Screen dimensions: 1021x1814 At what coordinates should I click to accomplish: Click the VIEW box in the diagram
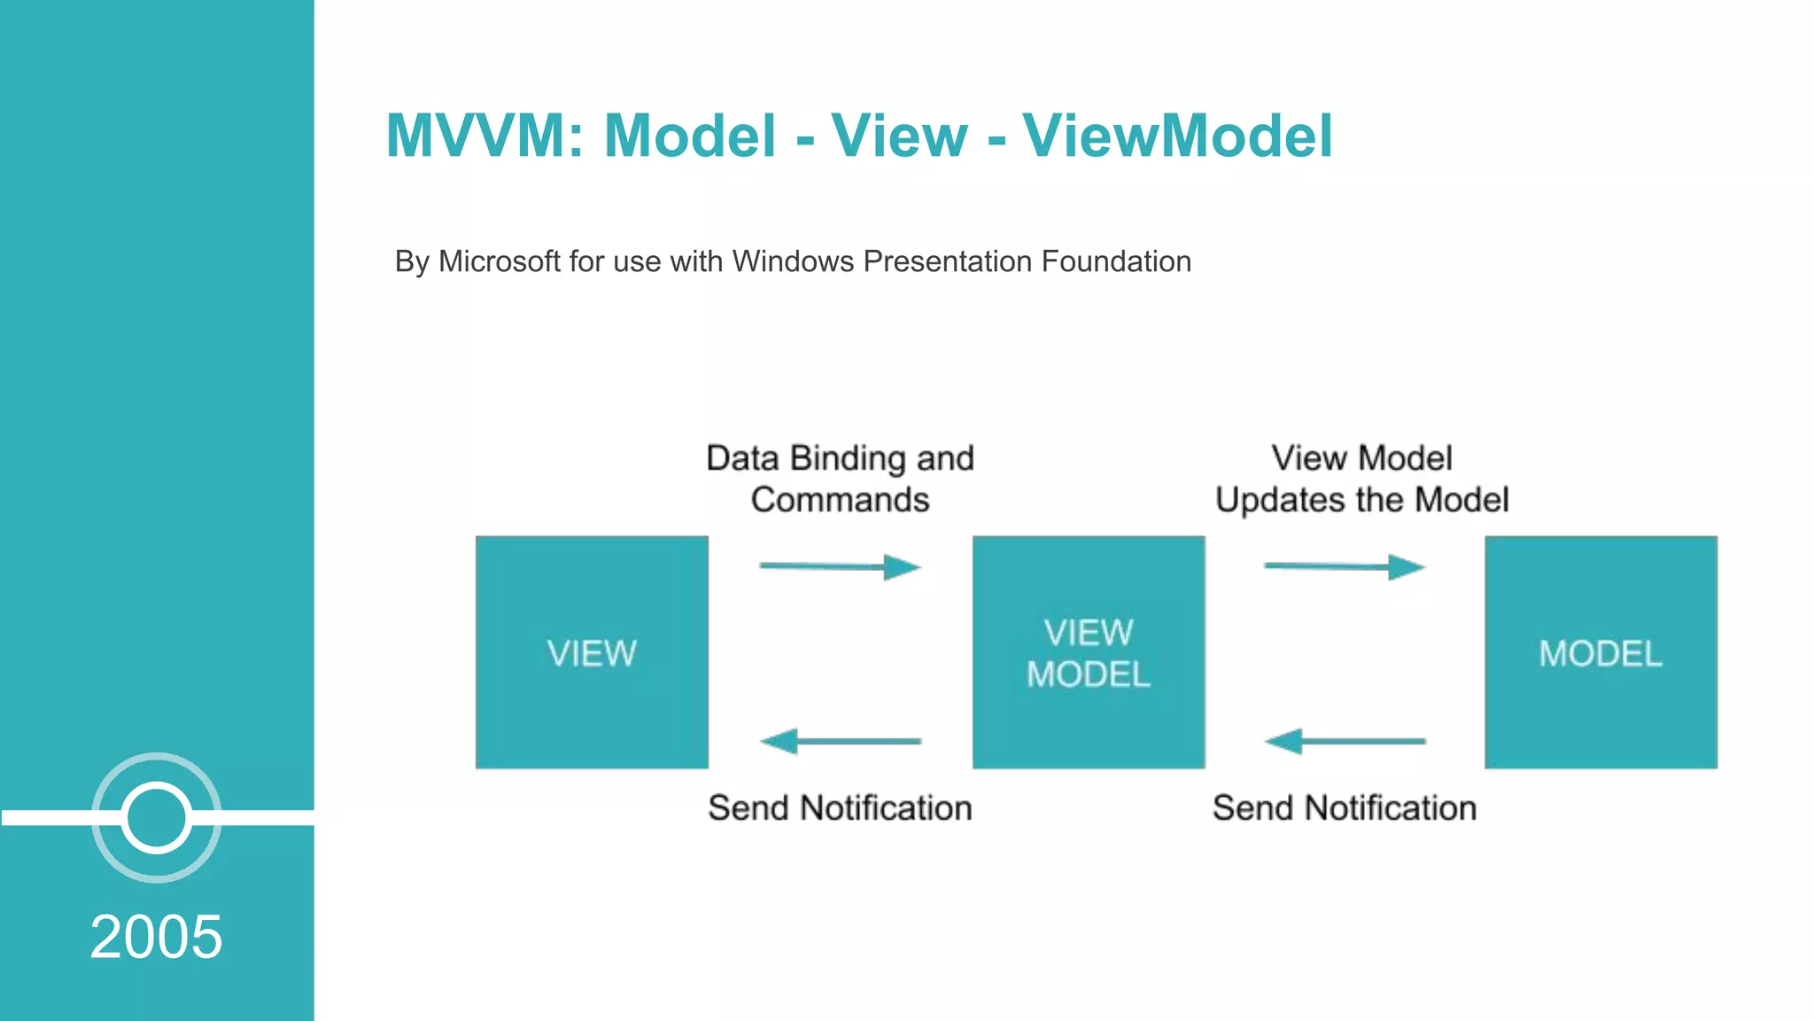click(x=592, y=652)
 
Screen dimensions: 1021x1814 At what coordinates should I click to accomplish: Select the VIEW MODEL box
click(x=1089, y=652)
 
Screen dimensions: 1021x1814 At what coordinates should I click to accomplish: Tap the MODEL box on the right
click(x=1601, y=652)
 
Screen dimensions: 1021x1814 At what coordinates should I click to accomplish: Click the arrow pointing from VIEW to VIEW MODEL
click(x=840, y=566)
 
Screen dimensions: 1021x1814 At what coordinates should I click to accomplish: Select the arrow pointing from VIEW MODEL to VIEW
click(x=840, y=741)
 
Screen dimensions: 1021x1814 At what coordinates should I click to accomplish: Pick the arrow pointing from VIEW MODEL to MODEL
click(x=1344, y=566)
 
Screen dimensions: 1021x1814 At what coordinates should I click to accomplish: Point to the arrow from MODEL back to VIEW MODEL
click(x=1344, y=741)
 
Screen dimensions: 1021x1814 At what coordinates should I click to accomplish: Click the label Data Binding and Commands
click(x=840, y=479)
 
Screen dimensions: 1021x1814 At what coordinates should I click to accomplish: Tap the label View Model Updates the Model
click(x=1361, y=479)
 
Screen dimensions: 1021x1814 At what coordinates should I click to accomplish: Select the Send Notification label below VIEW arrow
click(x=840, y=808)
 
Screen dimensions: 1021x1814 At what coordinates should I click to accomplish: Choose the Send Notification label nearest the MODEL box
click(x=1344, y=808)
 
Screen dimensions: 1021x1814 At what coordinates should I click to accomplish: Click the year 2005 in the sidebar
click(x=156, y=937)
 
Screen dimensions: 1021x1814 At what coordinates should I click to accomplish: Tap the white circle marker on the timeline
click(x=156, y=817)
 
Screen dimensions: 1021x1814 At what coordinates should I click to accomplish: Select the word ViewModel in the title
click(x=1177, y=136)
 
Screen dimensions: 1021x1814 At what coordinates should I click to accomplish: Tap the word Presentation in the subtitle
click(x=948, y=261)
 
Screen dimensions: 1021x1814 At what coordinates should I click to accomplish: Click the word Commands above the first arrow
click(x=840, y=500)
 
